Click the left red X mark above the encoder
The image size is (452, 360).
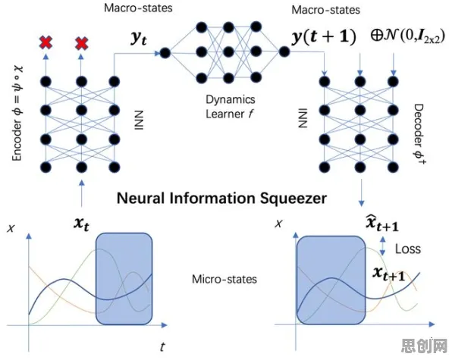pyautogui.click(x=46, y=42)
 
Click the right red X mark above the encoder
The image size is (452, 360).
pyautogui.click(x=81, y=43)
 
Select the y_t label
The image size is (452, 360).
pyautogui.click(x=139, y=38)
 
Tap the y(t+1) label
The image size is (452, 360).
pyautogui.click(x=324, y=37)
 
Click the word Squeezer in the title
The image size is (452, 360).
pyautogui.click(x=293, y=199)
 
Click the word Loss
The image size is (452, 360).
pyautogui.click(x=407, y=249)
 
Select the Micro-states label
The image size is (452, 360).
pyautogui.click(x=224, y=279)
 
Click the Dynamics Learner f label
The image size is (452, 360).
pyautogui.click(x=230, y=107)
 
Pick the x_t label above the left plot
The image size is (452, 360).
pyautogui.click(x=81, y=224)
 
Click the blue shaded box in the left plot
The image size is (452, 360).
pyautogui.click(x=124, y=279)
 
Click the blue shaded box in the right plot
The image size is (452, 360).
pyautogui.click(x=331, y=280)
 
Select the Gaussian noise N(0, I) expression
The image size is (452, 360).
pyautogui.click(x=407, y=37)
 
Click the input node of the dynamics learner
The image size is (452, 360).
pyautogui.click(x=165, y=53)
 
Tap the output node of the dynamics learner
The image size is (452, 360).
pyautogui.click(x=284, y=52)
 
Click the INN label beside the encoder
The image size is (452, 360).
pyautogui.click(x=139, y=120)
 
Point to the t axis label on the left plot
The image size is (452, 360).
pyautogui.click(x=162, y=347)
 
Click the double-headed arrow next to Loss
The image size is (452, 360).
pyautogui.click(x=382, y=246)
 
